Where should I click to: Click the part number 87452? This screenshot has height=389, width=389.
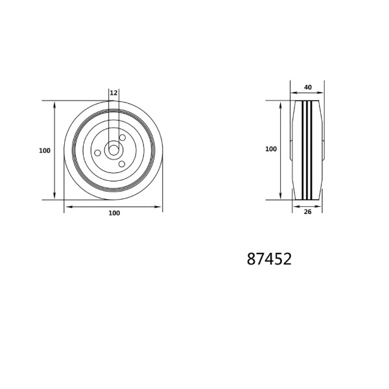pyautogui.click(x=269, y=259)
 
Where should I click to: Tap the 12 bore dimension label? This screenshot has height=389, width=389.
pyautogui.click(x=113, y=93)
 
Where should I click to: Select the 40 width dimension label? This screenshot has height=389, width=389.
pyautogui.click(x=308, y=88)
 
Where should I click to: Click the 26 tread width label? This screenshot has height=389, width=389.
pyautogui.click(x=307, y=212)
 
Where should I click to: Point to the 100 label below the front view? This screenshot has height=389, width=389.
pyautogui.click(x=114, y=213)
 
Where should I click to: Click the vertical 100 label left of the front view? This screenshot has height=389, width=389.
pyautogui.click(x=45, y=150)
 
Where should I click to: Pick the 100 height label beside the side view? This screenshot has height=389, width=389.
pyautogui.click(x=271, y=149)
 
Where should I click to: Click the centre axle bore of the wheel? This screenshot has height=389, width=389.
pyautogui.click(x=113, y=150)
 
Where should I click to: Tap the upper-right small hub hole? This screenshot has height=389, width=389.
pyautogui.click(x=123, y=137)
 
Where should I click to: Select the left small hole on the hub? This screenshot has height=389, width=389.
pyautogui.click(x=98, y=153)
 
